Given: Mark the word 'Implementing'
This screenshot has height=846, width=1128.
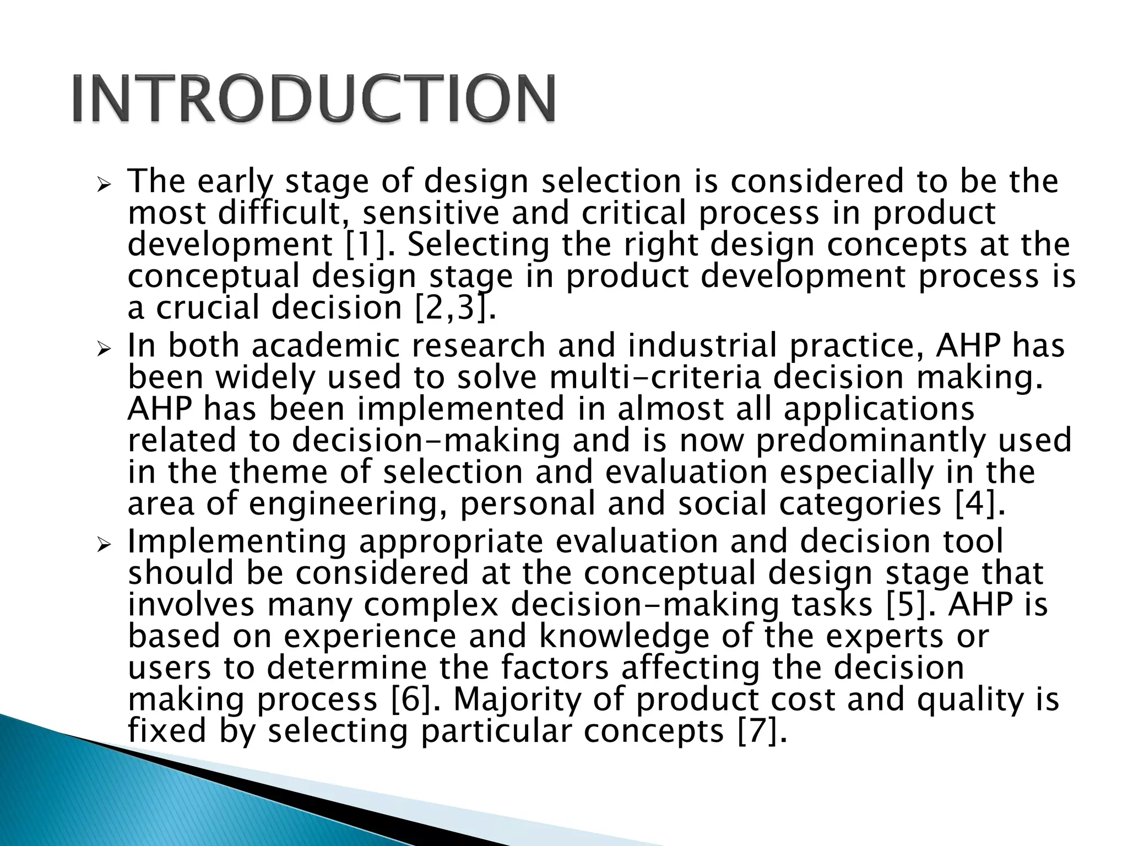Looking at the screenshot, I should click(237, 542).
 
